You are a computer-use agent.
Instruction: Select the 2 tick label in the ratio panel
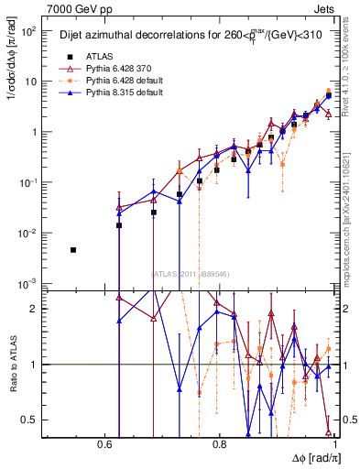(x=34, y=309)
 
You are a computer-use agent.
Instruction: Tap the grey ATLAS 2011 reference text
(x=197, y=273)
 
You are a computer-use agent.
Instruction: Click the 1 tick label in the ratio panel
(x=34, y=365)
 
